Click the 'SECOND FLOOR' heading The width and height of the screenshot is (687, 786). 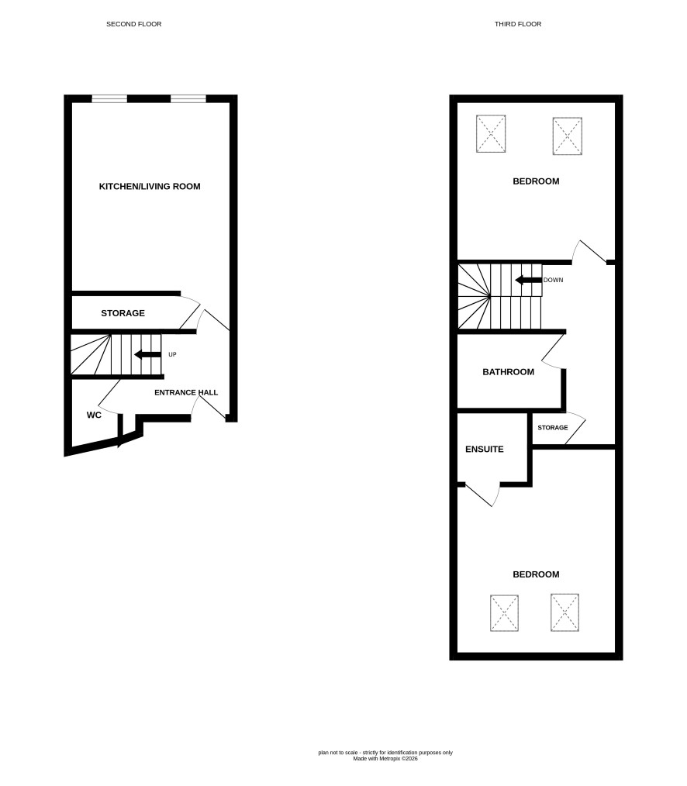click(x=134, y=24)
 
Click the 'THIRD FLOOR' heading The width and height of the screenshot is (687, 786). click(x=518, y=24)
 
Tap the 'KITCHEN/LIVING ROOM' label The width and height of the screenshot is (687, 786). click(x=150, y=187)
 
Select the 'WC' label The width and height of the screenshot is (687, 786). click(x=94, y=415)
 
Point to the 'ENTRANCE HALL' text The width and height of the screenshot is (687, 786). click(x=186, y=392)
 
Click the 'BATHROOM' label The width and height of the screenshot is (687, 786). click(x=508, y=372)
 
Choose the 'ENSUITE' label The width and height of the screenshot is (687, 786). click(x=485, y=449)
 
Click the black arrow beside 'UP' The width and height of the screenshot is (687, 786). click(x=148, y=355)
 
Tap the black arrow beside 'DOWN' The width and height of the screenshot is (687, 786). click(x=529, y=280)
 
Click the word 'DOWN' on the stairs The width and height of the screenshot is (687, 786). click(x=553, y=280)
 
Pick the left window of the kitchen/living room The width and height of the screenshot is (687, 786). click(x=109, y=98)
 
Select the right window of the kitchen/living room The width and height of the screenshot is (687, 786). click(x=188, y=98)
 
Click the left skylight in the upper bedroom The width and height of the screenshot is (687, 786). click(x=491, y=133)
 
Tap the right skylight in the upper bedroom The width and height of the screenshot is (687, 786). click(x=567, y=136)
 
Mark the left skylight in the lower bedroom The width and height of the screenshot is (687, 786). click(x=504, y=613)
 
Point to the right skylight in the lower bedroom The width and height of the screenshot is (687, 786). click(x=564, y=612)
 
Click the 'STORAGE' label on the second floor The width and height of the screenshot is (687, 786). click(x=123, y=313)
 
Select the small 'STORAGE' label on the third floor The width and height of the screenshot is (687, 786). click(x=553, y=428)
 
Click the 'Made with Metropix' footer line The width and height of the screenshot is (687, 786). click(x=385, y=759)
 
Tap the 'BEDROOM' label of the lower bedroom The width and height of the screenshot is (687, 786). click(x=536, y=574)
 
